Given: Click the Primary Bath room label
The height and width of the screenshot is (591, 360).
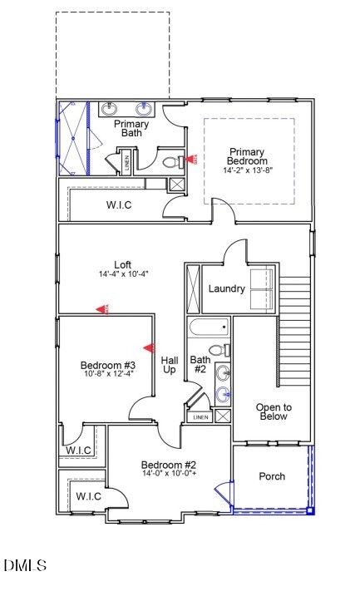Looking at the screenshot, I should tap(131, 130).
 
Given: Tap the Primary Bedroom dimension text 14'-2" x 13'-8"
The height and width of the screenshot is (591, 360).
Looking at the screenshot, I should tap(248, 170).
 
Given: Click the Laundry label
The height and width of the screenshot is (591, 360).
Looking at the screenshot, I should tap(226, 289).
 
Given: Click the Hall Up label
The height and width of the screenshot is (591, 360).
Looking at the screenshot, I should tap(170, 364).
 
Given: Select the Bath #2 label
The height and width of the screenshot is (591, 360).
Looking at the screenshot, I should tap(200, 365).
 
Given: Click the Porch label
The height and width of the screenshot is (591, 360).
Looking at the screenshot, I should tap(272, 476).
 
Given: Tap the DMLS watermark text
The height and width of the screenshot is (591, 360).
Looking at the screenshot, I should tap(25, 566).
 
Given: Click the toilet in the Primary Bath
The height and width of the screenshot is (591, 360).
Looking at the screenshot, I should tap(171, 162).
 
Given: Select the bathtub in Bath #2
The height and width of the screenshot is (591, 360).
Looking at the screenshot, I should tap(208, 327).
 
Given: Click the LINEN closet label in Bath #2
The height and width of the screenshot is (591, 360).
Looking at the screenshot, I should tap(200, 417).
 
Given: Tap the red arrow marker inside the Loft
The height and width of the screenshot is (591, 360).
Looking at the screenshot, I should tap(103, 309).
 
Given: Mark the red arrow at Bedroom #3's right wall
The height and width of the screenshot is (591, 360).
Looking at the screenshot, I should tap(150, 347).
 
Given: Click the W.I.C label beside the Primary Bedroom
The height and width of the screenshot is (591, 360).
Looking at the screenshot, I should tap(119, 204).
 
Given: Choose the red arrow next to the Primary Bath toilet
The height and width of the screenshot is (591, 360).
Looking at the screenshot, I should tap(190, 159).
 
